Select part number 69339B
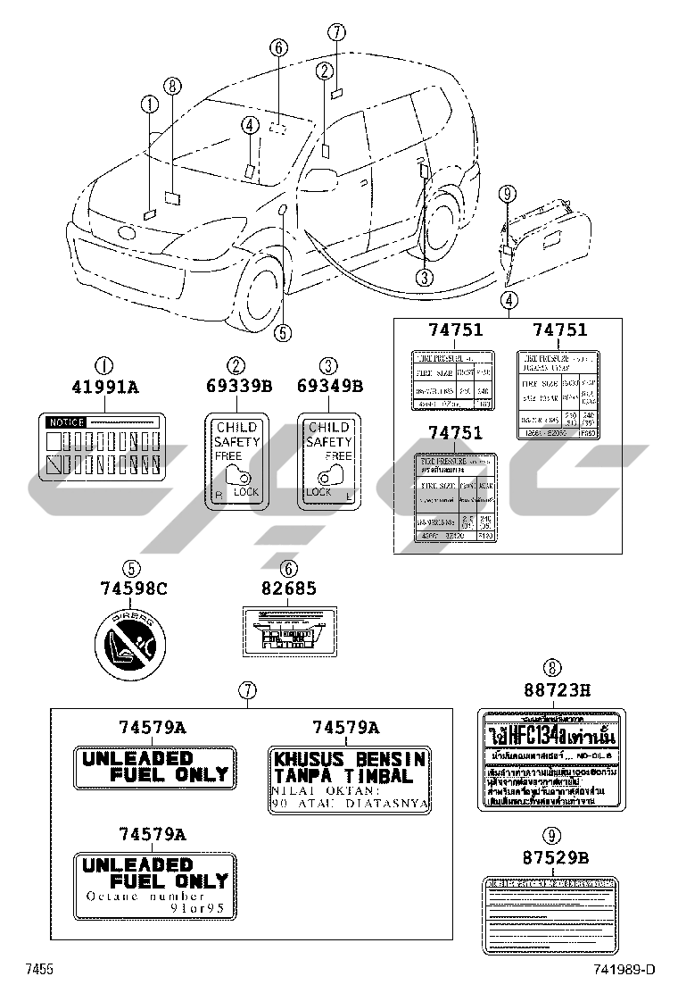(236, 388)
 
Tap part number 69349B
(330, 388)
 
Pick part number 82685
(289, 588)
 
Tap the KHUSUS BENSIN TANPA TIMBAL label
(350, 779)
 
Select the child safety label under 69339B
(236, 459)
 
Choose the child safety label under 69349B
(330, 459)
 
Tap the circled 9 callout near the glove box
(507, 193)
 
